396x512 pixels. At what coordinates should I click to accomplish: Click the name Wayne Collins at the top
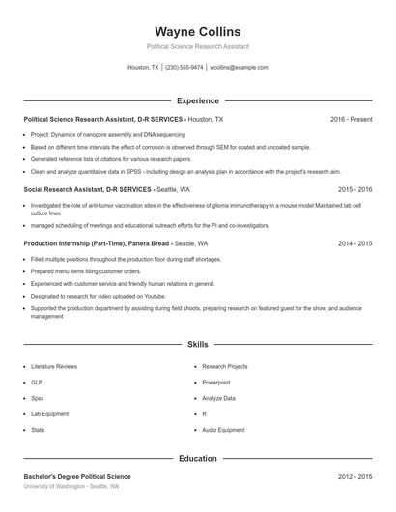pos(197,32)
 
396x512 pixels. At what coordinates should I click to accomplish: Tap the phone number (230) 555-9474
pos(184,68)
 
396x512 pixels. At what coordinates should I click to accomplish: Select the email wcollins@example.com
pos(239,68)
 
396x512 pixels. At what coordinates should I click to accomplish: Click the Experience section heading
pos(197,100)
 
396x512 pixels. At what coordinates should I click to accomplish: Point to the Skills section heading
pos(197,344)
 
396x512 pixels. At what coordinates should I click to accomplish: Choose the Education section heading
pos(197,458)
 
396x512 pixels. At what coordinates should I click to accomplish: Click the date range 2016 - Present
pos(351,119)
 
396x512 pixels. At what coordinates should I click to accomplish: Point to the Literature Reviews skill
pos(55,367)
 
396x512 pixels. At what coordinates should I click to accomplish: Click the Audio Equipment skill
pos(223,429)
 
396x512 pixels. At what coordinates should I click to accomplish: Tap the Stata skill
pos(38,429)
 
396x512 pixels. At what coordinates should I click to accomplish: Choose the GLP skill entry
pos(37,383)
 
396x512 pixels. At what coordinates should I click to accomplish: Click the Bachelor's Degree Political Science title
pos(77,476)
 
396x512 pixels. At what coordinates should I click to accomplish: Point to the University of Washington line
pos(71,486)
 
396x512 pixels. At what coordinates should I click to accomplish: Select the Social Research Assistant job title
pos(64,190)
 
